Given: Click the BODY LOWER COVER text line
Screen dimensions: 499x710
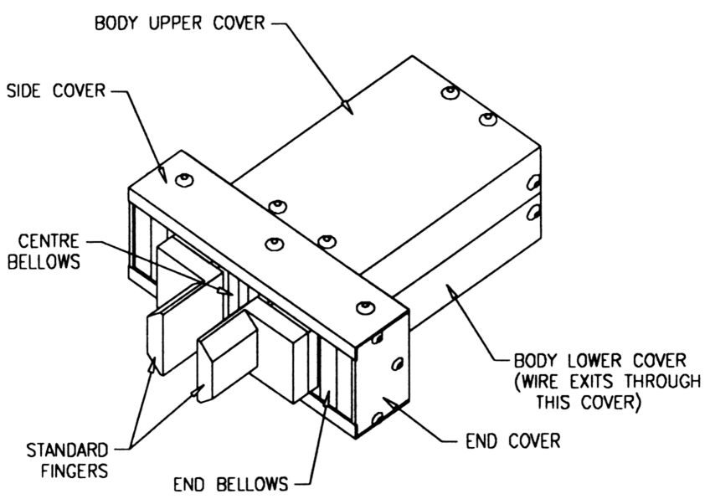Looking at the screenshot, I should tap(601, 361).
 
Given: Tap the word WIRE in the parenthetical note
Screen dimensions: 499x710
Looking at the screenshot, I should tap(545, 382).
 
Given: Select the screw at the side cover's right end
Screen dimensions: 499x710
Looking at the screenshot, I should tap(363, 308).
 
